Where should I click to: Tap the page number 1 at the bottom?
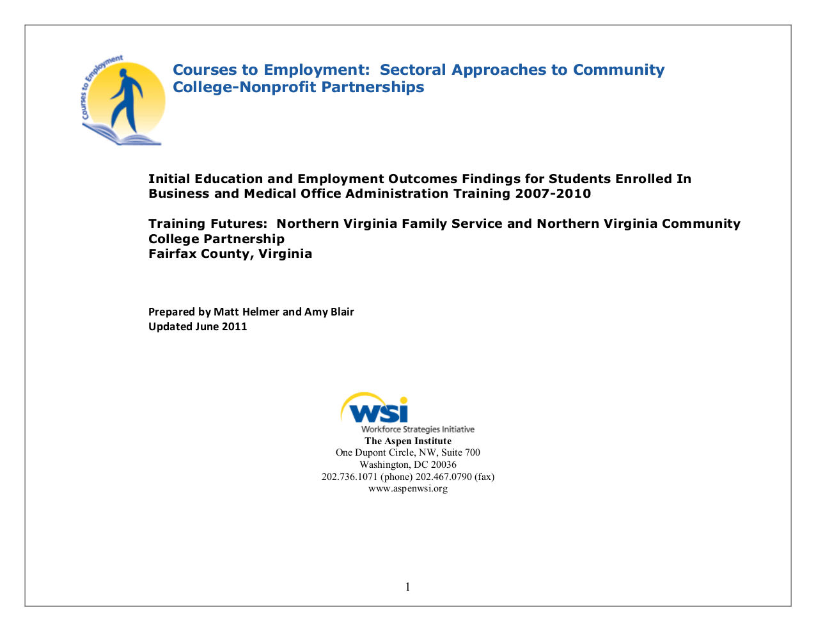[407, 587]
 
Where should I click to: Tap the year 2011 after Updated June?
[234, 326]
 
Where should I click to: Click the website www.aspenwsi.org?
[407, 488]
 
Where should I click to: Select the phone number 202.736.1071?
[349, 477]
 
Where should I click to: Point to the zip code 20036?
[443, 465]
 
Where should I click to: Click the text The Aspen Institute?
[407, 441]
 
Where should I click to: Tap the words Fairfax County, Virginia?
[230, 253]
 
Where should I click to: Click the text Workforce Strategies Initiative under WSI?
[418, 429]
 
